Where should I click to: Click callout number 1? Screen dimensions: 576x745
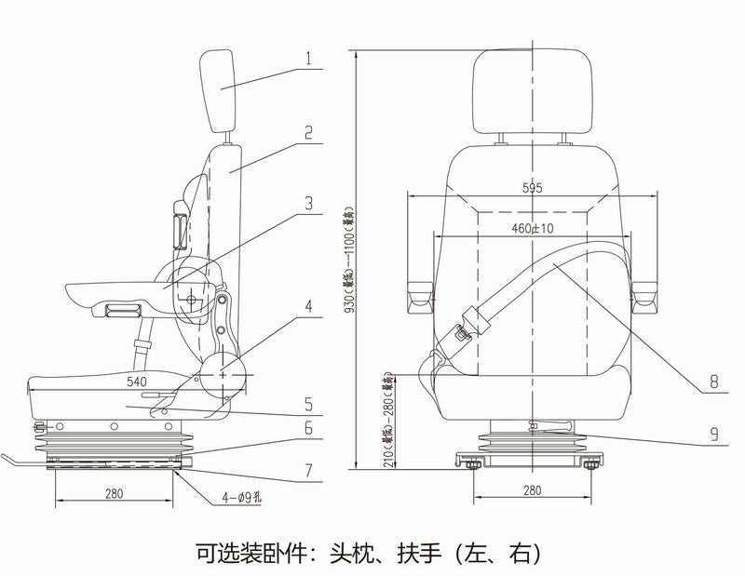pos(307,56)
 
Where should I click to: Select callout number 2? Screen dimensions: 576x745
pos(307,132)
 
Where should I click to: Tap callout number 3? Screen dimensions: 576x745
pos(308,202)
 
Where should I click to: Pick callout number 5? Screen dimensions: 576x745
pos(308,404)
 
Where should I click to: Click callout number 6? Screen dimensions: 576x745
pos(308,432)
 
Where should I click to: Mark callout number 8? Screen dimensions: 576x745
pos(713,381)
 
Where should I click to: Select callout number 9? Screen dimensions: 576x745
pos(713,434)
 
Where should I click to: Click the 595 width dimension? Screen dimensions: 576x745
pos(532,188)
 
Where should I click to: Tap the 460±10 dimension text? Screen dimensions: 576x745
pos(532,228)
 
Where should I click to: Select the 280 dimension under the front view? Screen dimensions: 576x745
pos(532,491)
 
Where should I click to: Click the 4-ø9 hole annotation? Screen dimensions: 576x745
pos(240,497)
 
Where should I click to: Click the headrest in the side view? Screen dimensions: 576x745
pos(222,91)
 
